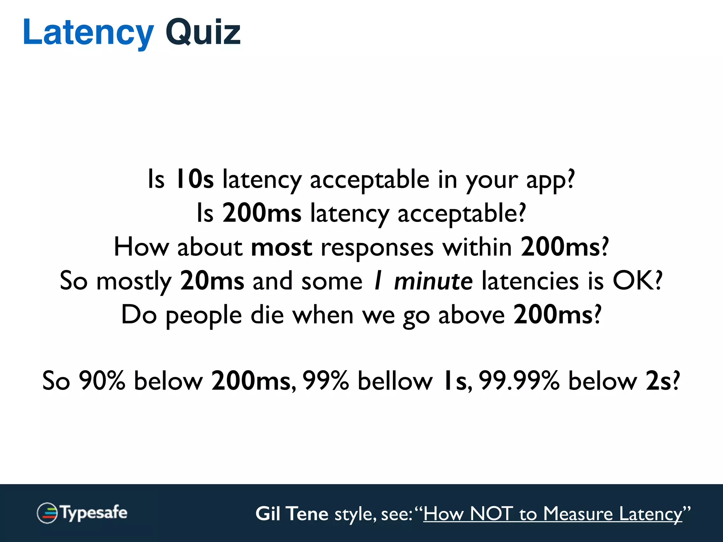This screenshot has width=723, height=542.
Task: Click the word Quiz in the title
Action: tap(203, 33)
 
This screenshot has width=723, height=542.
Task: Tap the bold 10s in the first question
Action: tap(195, 179)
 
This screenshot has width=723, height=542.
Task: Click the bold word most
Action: tap(281, 247)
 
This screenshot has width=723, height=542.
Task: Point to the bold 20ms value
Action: tap(212, 281)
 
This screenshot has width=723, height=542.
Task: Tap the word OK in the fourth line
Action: tap(633, 281)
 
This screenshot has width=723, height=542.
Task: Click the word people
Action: tap(204, 315)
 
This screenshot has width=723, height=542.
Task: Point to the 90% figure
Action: tap(102, 381)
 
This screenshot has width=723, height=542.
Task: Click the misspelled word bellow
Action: tap(395, 381)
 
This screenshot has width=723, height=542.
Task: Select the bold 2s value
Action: tap(658, 381)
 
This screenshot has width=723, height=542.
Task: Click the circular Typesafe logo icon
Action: tap(47, 513)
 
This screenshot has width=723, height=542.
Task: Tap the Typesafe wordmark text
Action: tap(94, 513)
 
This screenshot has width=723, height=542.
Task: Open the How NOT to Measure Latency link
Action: tap(553, 514)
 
